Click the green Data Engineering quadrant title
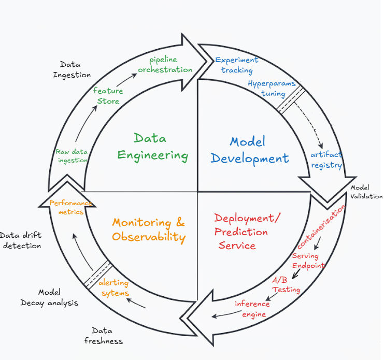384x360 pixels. (153, 147)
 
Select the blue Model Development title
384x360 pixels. (249, 150)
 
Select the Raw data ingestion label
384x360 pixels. (72, 156)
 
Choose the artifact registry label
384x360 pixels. (326, 160)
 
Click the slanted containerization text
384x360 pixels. (322, 226)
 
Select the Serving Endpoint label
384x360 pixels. (308, 261)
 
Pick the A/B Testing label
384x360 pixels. (286, 285)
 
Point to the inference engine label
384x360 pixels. (252, 309)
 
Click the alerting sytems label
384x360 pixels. (114, 288)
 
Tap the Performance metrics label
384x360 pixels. (70, 207)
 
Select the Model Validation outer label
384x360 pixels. (366, 192)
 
